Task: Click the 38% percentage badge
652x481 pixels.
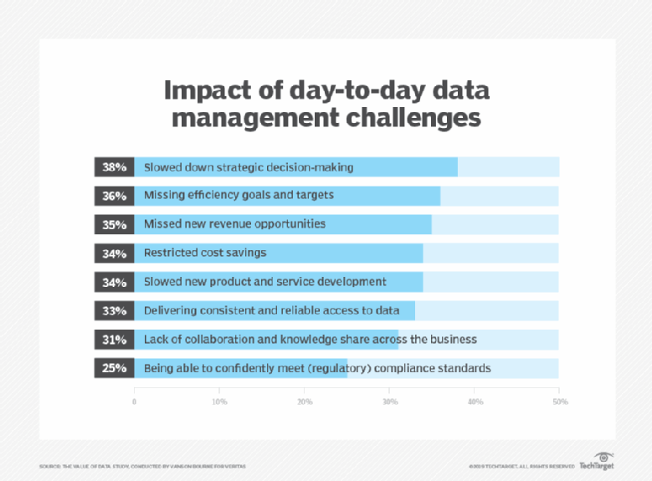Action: click(x=114, y=166)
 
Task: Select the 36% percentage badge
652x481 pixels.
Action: click(x=114, y=196)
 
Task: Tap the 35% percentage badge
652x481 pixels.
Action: click(x=114, y=224)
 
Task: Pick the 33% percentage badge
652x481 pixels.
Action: click(x=114, y=310)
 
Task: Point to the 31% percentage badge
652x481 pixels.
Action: click(x=114, y=340)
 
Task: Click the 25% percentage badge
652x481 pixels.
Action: click(x=114, y=368)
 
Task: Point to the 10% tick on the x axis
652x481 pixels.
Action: click(x=219, y=402)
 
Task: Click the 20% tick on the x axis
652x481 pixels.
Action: click(x=305, y=402)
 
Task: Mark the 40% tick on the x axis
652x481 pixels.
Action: click(x=475, y=402)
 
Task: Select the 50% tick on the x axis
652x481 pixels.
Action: click(x=559, y=402)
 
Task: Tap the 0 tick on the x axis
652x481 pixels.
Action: click(x=134, y=402)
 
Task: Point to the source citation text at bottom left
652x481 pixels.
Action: click(x=142, y=466)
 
